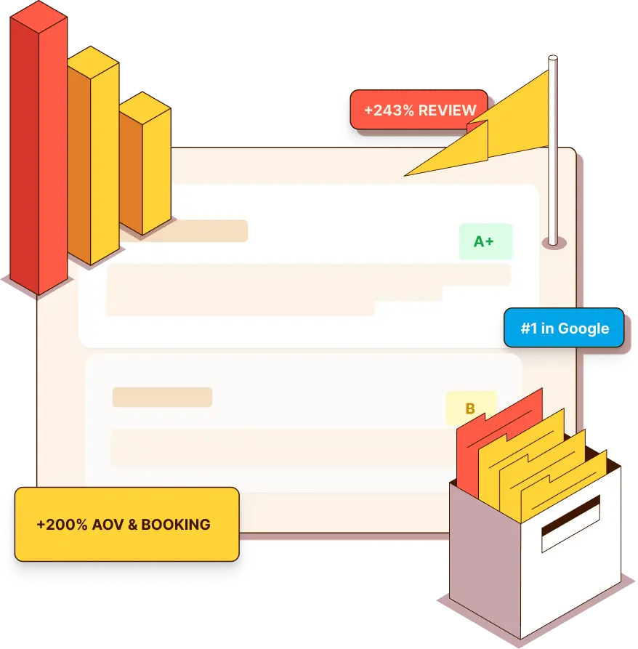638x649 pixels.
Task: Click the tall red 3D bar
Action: click(x=39, y=149)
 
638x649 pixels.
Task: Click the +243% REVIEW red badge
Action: click(x=418, y=110)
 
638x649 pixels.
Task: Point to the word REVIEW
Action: click(x=448, y=110)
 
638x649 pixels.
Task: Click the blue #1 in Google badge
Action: click(x=564, y=328)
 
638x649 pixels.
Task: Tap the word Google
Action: click(x=584, y=328)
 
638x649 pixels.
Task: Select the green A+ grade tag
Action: click(x=485, y=241)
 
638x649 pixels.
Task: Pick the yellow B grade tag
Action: click(x=470, y=408)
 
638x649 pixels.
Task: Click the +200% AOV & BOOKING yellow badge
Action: click(x=126, y=525)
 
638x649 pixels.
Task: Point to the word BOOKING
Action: click(x=176, y=525)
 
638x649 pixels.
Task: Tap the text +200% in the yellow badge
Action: click(x=62, y=525)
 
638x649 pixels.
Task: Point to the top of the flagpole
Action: click(x=553, y=57)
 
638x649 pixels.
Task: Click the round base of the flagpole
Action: click(x=554, y=243)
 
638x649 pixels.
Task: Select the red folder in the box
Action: click(x=496, y=439)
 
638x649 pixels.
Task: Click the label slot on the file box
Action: click(x=571, y=524)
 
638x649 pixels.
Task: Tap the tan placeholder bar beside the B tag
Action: click(x=162, y=398)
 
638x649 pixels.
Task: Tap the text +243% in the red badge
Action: click(x=389, y=110)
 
